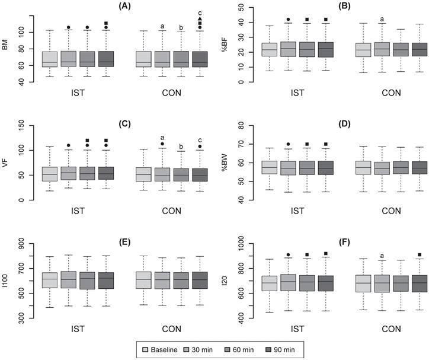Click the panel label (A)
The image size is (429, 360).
(x=123, y=6)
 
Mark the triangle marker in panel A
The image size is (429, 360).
(x=200, y=19)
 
